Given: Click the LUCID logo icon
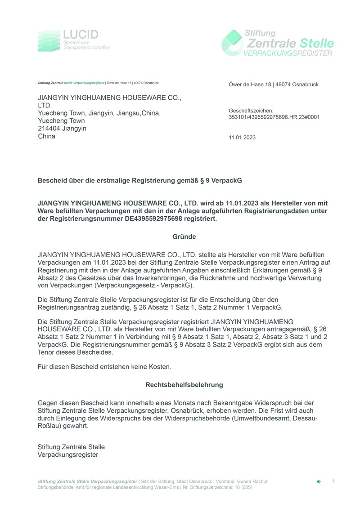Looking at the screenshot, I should (x=49, y=40).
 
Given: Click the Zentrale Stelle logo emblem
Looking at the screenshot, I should (x=233, y=43).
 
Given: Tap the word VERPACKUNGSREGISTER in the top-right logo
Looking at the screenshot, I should (x=288, y=53).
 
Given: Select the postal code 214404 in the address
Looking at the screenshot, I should (x=49, y=129).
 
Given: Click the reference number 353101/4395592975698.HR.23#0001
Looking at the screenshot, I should (x=274, y=117).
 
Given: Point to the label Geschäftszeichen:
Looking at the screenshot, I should (x=251, y=111).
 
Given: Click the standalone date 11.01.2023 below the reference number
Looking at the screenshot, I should (x=242, y=138).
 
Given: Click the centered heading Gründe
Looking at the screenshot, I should (x=184, y=236).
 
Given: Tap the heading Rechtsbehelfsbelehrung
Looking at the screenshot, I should (x=184, y=385).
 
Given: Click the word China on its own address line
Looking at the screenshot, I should (x=47, y=136).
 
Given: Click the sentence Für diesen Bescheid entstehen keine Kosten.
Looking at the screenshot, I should (x=104, y=367).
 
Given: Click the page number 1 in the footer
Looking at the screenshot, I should (x=333, y=481).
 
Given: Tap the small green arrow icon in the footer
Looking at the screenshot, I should (x=319, y=481).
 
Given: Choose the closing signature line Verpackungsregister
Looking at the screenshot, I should (x=68, y=455).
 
